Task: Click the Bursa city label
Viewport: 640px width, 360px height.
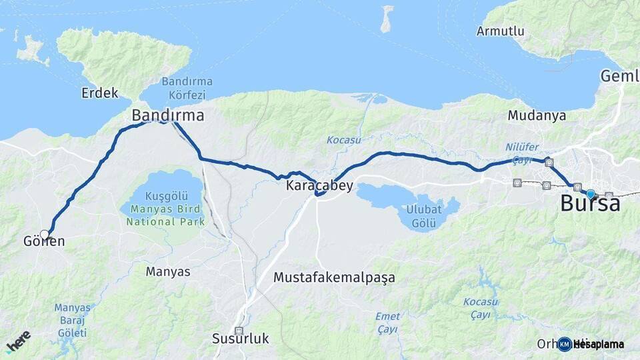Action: (590, 203)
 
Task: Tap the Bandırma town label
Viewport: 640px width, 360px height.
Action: (167, 115)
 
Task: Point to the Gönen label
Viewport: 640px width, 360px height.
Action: (43, 241)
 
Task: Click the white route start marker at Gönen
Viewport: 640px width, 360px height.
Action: (45, 235)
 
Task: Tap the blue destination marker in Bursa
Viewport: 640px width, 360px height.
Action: (590, 194)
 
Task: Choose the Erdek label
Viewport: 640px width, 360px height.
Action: (99, 93)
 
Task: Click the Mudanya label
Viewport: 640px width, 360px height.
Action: (537, 115)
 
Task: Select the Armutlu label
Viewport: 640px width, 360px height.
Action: (500, 31)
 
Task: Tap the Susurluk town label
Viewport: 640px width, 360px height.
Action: (241, 339)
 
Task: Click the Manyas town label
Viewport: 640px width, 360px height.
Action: (168, 271)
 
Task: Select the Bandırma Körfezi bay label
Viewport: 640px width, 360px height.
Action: (187, 87)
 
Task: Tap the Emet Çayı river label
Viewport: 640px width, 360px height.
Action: (387, 323)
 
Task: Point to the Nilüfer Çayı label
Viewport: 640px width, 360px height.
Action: (519, 153)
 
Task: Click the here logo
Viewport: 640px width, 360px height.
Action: (18, 342)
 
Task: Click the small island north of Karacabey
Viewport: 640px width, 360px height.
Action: (387, 19)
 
